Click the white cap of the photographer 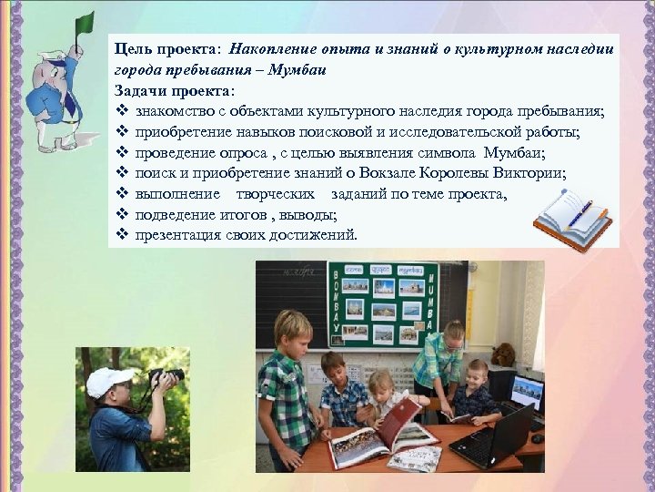pos(108,380)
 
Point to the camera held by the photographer pos(166,376)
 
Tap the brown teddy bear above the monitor pos(502,354)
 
